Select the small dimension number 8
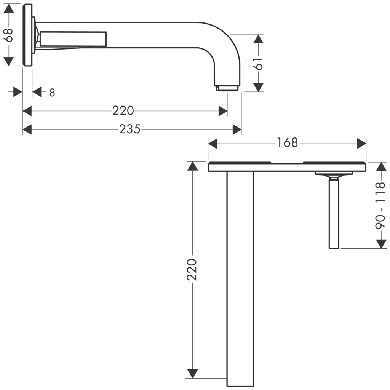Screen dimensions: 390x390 pyautogui.click(x=52, y=93)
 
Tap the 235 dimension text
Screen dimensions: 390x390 pyautogui.click(x=130, y=129)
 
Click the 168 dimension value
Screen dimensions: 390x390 pyautogui.click(x=287, y=143)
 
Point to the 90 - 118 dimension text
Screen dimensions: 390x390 pyautogui.click(x=381, y=206)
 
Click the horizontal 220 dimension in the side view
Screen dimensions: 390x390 pyautogui.click(x=123, y=111)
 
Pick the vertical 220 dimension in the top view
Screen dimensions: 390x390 pyautogui.click(x=192, y=270)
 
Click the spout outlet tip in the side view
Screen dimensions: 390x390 pyautogui.click(x=227, y=88)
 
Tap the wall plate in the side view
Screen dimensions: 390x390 pyautogui.click(x=27, y=35)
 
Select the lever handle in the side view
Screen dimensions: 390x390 pyautogui.click(x=72, y=39)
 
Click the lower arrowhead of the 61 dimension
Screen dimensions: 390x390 pyautogui.click(x=259, y=87)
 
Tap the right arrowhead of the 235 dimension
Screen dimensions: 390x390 pyautogui.click(x=237, y=129)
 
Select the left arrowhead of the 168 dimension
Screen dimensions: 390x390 pyautogui.click(x=213, y=144)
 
